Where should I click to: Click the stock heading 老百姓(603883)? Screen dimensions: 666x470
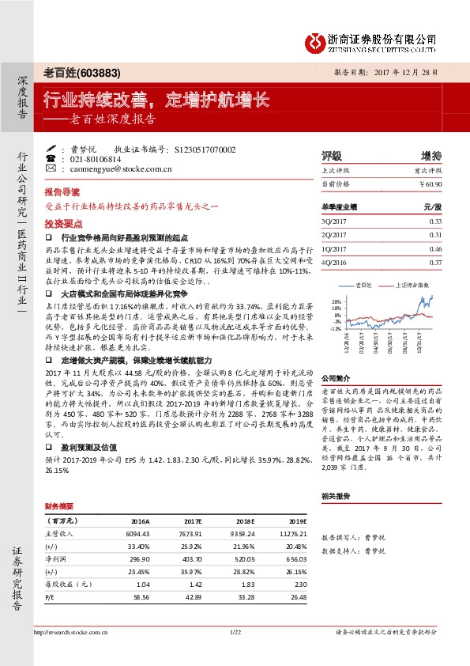82,74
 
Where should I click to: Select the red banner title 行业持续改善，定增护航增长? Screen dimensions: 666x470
156,100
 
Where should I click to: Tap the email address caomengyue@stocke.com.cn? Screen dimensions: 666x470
116,168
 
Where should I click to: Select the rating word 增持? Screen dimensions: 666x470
431,156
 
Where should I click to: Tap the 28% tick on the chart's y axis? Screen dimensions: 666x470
337,301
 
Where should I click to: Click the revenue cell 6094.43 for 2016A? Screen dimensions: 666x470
138,534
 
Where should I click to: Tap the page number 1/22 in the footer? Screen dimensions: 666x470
235,632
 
